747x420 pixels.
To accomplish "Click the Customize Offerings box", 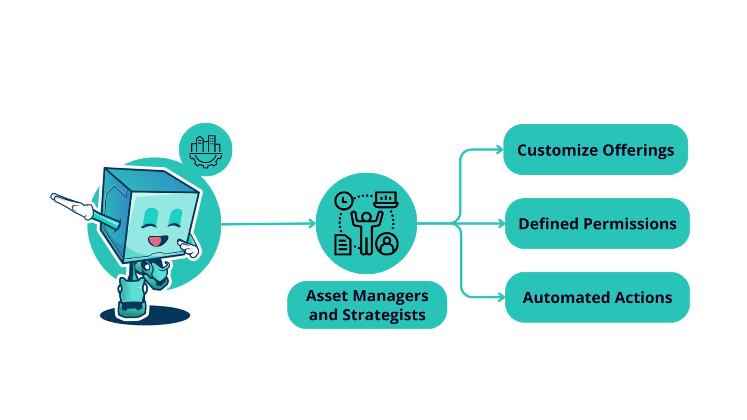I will [595, 150].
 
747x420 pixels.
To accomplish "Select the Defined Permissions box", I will [597, 224].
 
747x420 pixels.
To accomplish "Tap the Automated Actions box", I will [597, 298].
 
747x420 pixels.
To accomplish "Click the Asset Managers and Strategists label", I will [367, 305].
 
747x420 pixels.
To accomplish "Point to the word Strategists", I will [384, 315].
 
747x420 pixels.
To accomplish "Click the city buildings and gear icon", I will [206, 150].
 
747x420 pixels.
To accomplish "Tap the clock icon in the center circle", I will [344, 201].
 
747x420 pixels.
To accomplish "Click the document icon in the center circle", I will [342, 245].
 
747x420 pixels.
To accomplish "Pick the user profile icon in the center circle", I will [387, 244].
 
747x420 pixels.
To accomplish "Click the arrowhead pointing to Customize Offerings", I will [499, 150].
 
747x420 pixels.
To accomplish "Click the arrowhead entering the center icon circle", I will [312, 224].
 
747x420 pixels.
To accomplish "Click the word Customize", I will [557, 150].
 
